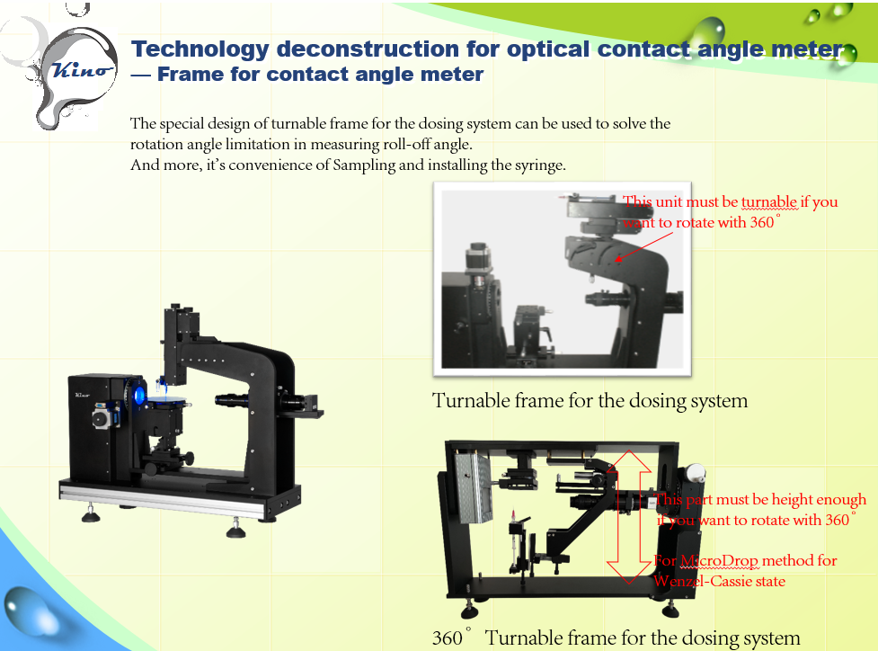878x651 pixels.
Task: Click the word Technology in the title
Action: click(200, 49)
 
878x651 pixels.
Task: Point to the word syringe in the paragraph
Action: click(540, 165)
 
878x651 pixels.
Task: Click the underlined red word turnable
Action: click(769, 202)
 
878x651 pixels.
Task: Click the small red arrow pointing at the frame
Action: click(644, 246)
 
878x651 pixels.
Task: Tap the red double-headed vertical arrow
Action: click(629, 516)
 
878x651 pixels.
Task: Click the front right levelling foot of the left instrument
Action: click(235, 528)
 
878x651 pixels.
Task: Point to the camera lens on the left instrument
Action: click(232, 399)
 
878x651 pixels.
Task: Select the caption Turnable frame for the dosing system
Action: click(590, 401)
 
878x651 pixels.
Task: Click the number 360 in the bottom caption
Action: click(448, 638)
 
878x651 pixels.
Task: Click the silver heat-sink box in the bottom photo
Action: click(474, 487)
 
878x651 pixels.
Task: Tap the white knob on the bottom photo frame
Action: click(696, 472)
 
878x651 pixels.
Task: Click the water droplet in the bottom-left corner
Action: click(31, 611)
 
